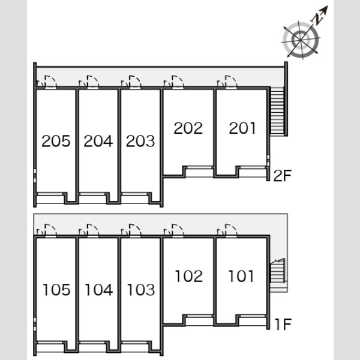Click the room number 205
pos(56,141)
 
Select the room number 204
pos(98,141)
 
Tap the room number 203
pos(140,141)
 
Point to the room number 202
pos(188,128)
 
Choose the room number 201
pos(242,128)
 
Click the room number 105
pos(56,290)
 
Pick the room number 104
pos(99,290)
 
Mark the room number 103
pos(141,290)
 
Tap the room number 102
pos(189,276)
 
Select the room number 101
pos(241,276)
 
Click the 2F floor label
pos(283,176)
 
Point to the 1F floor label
pos(283,324)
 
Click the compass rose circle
pos(301,40)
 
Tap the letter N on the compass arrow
pos(319,19)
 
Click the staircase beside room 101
pos(278,272)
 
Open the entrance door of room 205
pos(50,82)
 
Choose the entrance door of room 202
pos(178,82)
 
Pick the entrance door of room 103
pos(135,230)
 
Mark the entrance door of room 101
pos(231,230)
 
